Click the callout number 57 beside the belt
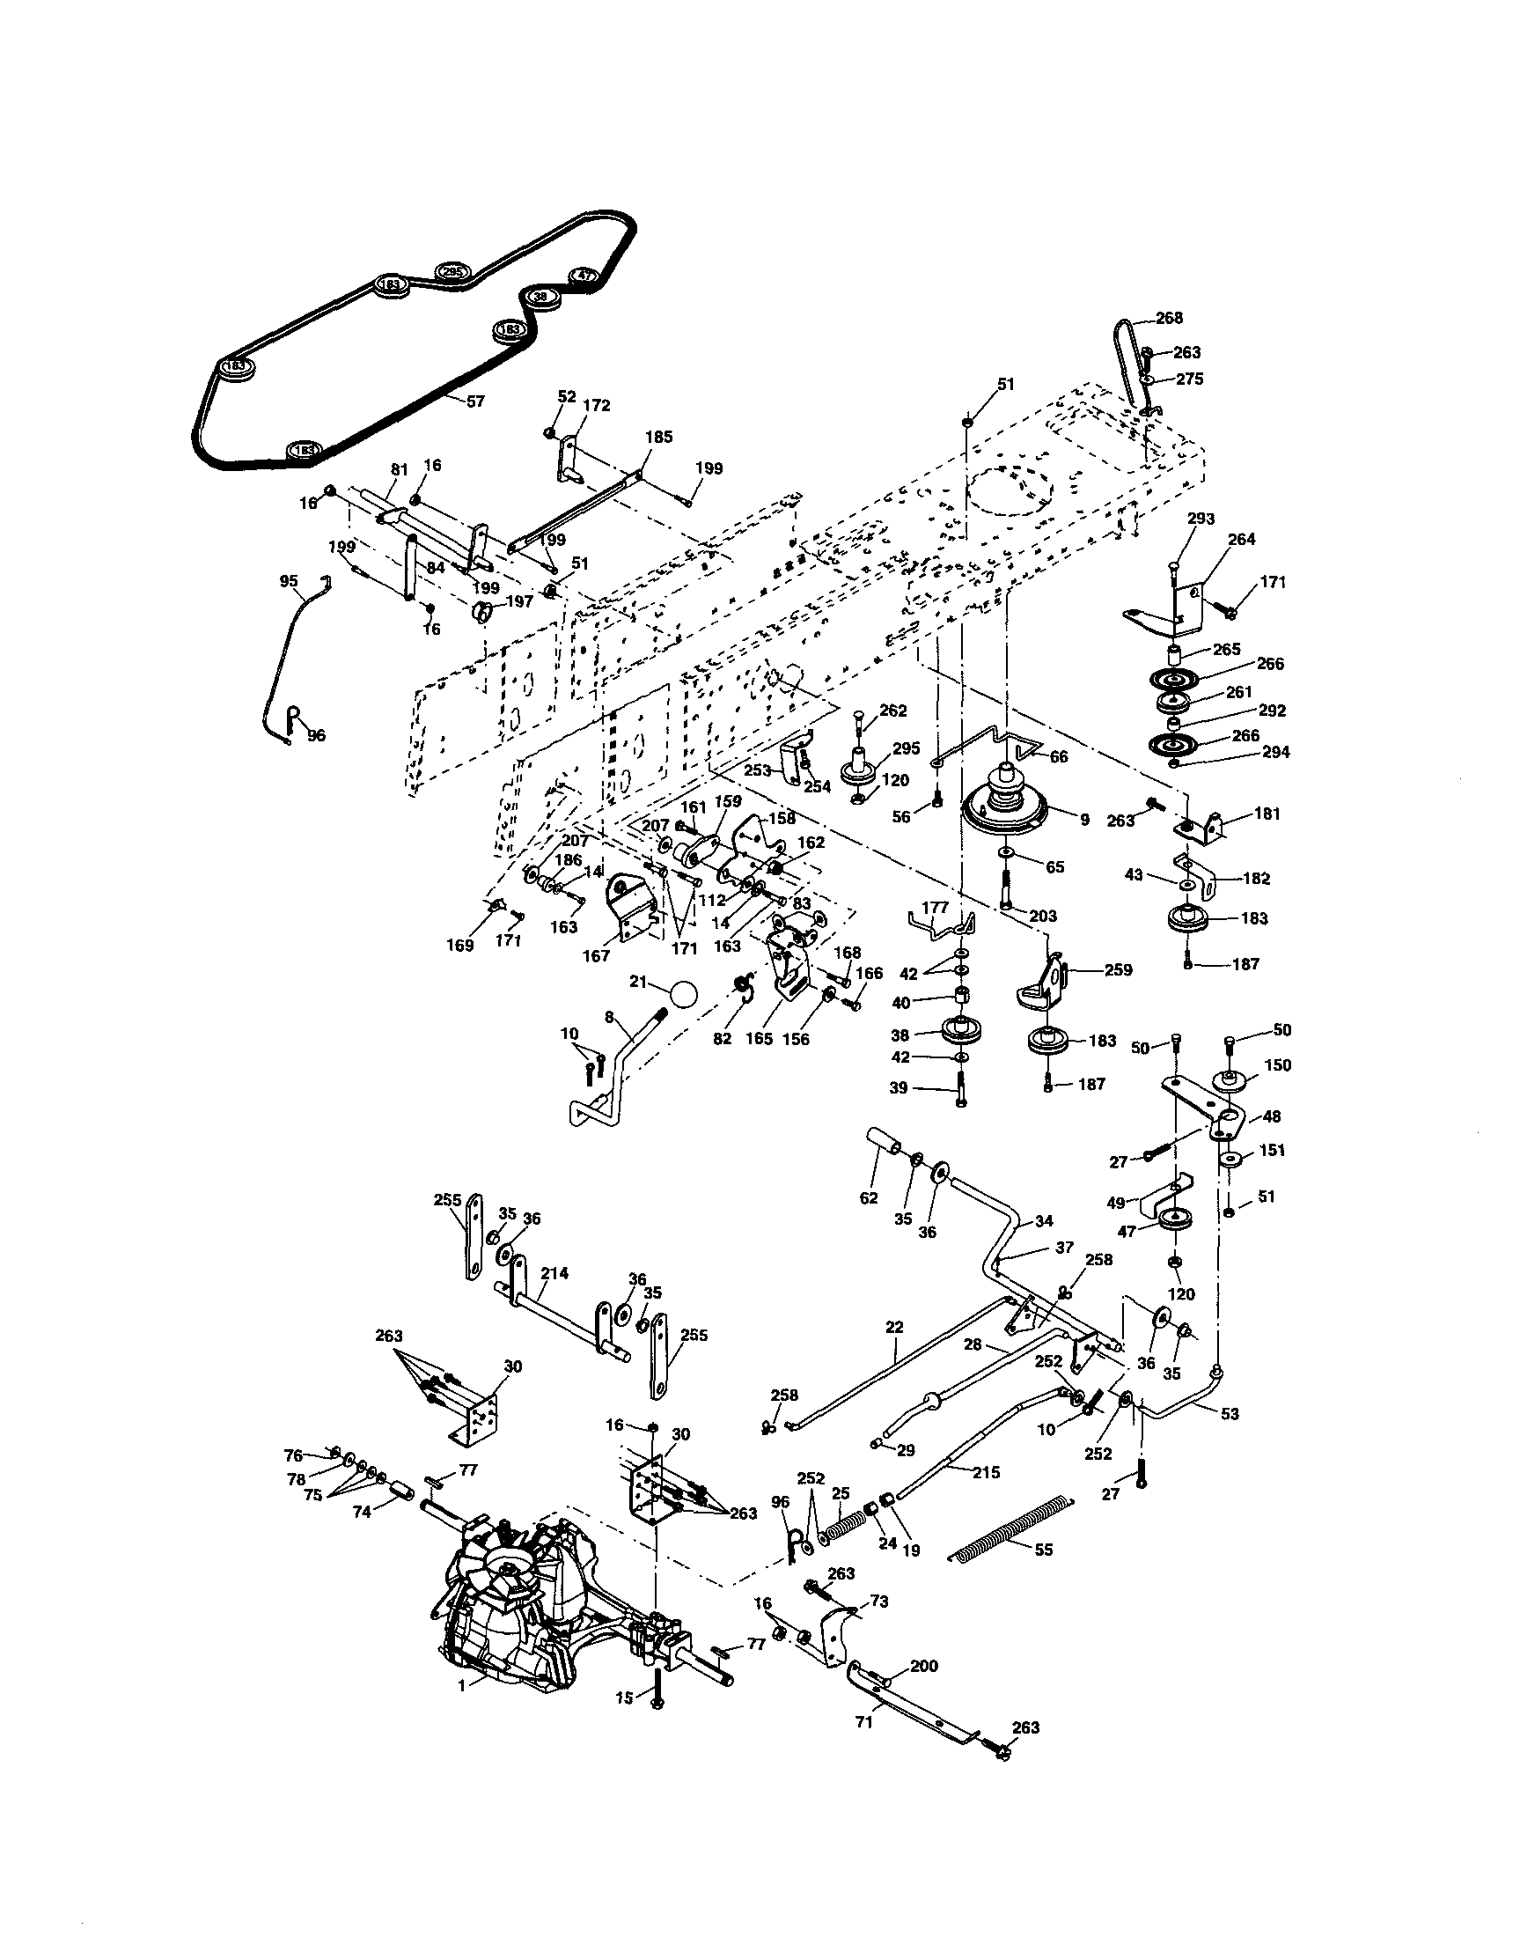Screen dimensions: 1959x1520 coord(475,401)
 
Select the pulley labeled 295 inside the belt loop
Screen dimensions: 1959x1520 coord(452,272)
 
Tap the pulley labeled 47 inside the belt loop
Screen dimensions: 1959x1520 coord(584,276)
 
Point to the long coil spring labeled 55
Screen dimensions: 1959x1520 coord(1009,1530)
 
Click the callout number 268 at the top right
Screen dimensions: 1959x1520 coord(1169,318)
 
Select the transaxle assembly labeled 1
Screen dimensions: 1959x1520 coord(520,1606)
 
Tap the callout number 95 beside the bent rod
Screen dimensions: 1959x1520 coord(288,581)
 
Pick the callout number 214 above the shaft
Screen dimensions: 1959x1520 coord(554,1273)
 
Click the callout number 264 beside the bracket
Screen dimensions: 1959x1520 coord(1241,539)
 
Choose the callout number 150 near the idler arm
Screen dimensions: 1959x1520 coord(1277,1064)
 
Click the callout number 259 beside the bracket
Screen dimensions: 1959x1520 coord(1119,969)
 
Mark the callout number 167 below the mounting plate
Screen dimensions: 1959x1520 coord(596,956)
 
